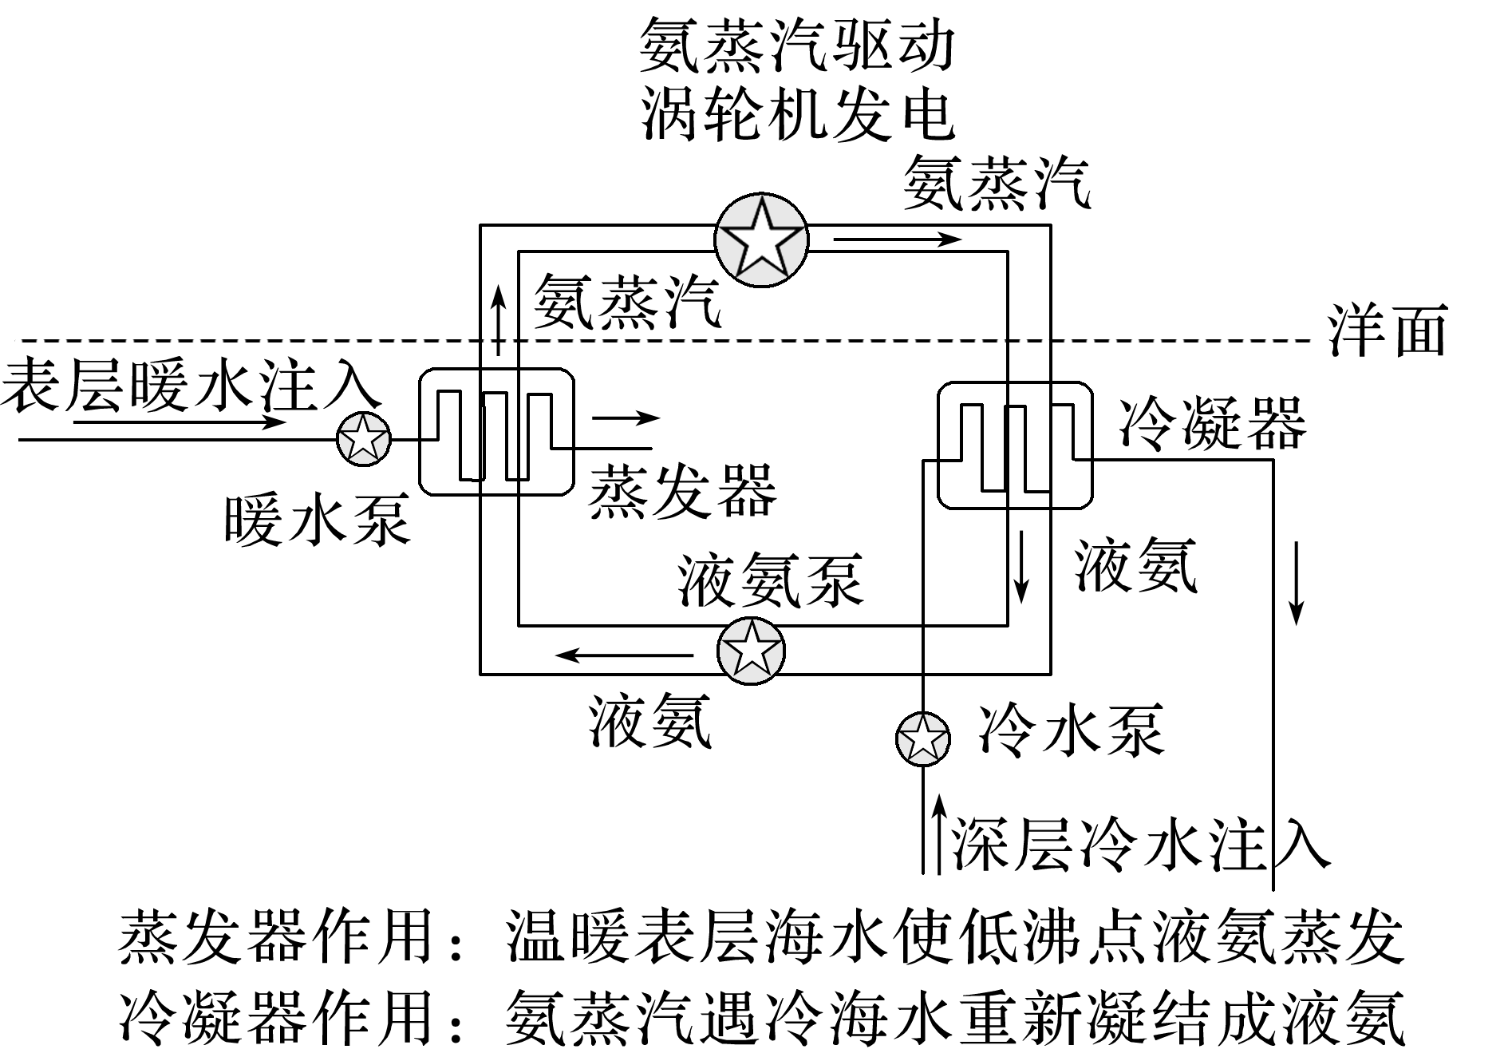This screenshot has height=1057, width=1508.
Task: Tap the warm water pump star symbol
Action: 364,438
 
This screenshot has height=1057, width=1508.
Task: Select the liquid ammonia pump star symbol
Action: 750,651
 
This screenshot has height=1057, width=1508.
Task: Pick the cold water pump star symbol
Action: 922,738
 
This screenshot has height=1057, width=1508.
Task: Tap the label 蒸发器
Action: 682,490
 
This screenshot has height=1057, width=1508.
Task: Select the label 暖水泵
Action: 317,519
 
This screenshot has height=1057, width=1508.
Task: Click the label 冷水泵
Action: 1071,730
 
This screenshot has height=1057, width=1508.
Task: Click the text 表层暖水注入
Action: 190,385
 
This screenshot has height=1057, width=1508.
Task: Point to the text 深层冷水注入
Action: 1139,844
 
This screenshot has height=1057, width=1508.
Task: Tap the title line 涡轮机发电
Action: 798,113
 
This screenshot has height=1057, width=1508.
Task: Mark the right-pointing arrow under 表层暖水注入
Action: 180,421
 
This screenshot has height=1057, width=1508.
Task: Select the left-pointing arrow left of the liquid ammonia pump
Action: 625,655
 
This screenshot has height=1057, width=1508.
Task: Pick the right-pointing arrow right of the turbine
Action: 897,239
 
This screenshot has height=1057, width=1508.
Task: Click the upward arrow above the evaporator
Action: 499,319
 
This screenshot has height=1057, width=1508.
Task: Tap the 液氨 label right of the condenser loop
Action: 1135,564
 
